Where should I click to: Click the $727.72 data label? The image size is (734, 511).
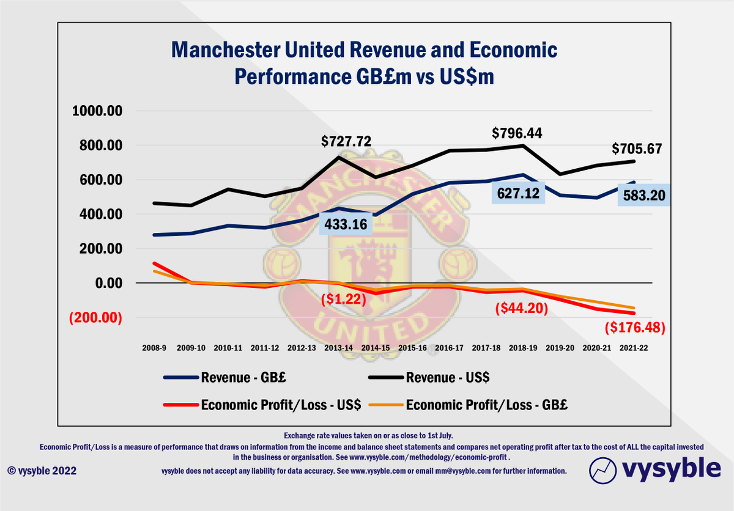(347, 142)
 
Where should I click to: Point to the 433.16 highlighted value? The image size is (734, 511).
(347, 224)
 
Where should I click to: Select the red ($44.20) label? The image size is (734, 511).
(520, 309)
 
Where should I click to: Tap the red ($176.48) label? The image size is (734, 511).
(634, 327)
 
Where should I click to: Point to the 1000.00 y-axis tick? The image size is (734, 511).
(98, 111)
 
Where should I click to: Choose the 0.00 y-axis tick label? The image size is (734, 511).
(106, 283)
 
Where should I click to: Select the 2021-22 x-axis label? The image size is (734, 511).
(634, 347)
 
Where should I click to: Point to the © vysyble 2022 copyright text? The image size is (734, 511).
(42, 471)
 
